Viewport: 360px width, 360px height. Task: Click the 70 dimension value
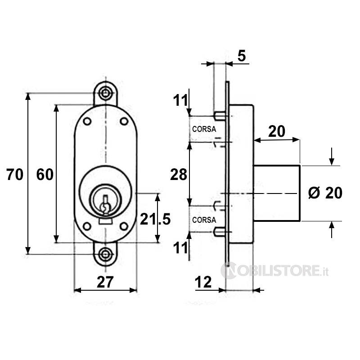pos(15,175)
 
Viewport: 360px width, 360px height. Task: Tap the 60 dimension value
pos(45,175)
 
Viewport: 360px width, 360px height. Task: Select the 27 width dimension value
pos(105,282)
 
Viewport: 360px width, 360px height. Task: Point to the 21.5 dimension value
pos(155,219)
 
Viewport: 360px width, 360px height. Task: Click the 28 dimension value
pos(179,175)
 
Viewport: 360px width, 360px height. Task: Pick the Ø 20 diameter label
pos(325,193)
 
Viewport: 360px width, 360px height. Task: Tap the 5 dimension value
pos(242,56)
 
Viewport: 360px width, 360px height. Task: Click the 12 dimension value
pos(203,282)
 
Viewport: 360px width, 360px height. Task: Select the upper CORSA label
pos(204,129)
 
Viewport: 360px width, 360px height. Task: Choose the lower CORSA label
pos(204,220)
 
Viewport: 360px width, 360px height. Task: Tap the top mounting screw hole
pos(105,93)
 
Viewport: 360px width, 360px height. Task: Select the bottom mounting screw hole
pos(105,255)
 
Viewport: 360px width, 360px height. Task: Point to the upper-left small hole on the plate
pos(87,121)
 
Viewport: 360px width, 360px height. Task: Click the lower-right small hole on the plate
pos(124,226)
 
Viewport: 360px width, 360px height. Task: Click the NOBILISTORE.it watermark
pos(274,270)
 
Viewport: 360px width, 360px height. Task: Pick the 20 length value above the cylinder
pos(277,131)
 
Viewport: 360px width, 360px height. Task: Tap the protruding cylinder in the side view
pos(277,193)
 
